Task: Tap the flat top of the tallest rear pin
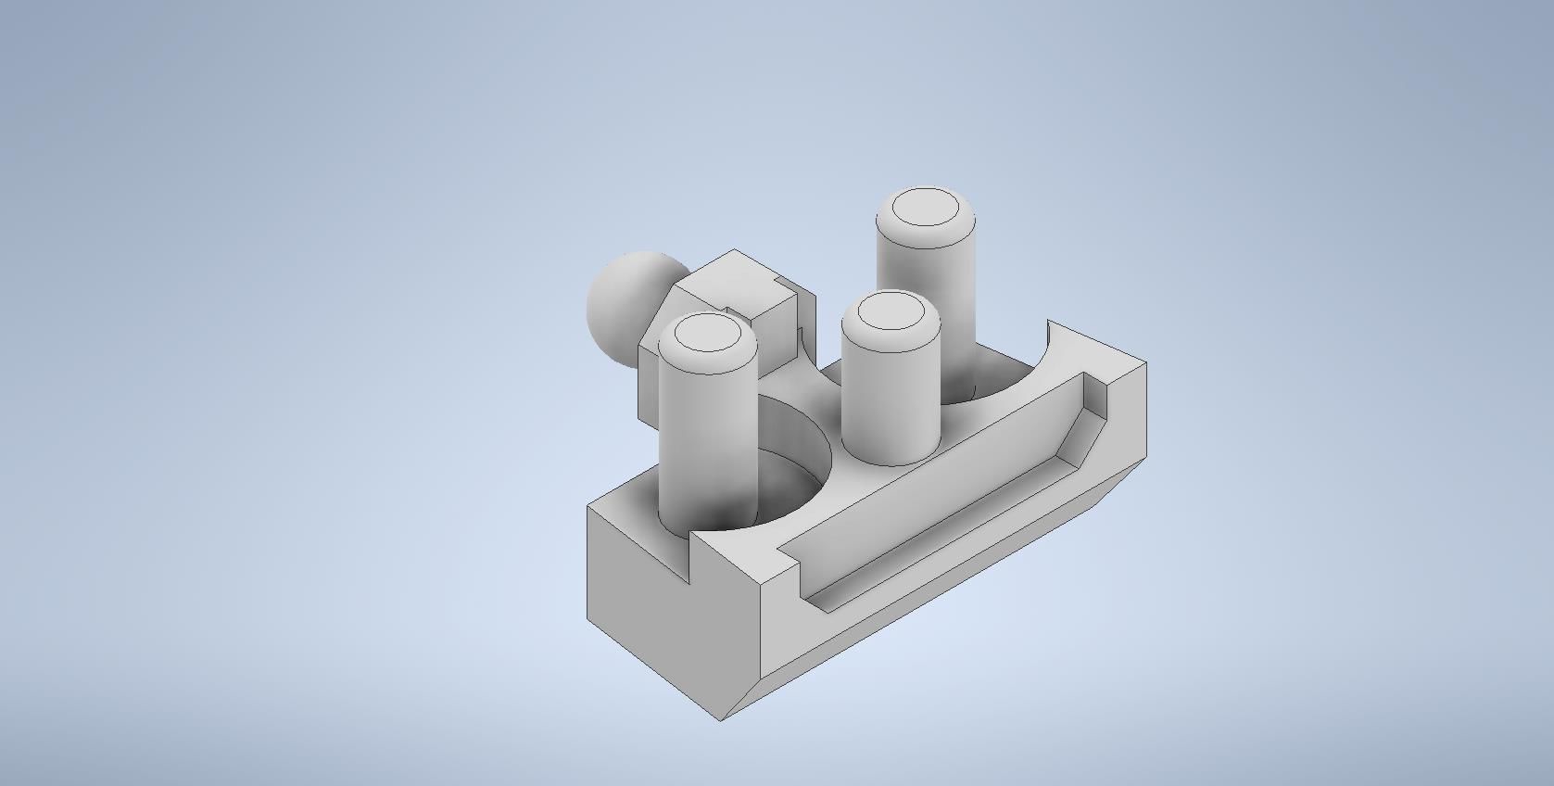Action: point(926,207)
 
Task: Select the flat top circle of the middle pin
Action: point(891,311)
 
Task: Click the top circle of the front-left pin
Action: point(707,334)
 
